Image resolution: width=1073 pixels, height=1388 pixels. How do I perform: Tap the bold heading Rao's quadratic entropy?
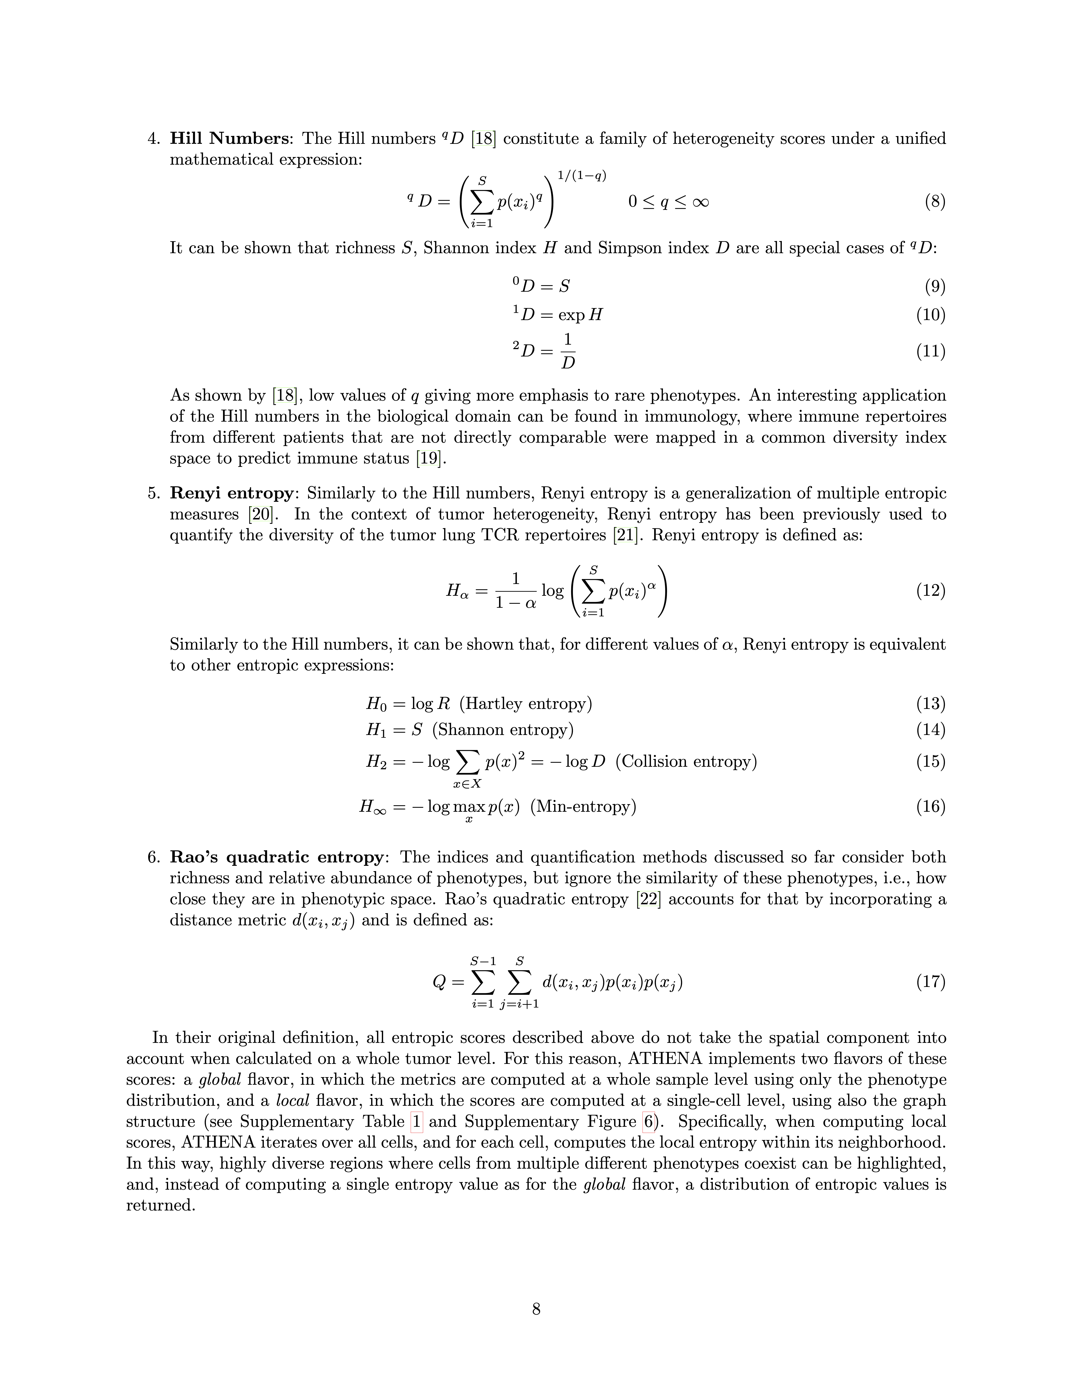[276, 857]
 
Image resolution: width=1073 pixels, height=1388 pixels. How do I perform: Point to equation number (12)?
[931, 591]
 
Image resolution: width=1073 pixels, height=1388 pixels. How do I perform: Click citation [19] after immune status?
[427, 458]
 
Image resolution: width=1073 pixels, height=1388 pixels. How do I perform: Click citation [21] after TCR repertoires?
[624, 535]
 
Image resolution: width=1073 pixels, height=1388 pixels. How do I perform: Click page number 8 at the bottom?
[536, 1309]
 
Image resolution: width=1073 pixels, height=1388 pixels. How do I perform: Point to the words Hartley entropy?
[525, 703]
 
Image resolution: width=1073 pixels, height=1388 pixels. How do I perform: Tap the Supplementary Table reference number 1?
[416, 1122]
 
